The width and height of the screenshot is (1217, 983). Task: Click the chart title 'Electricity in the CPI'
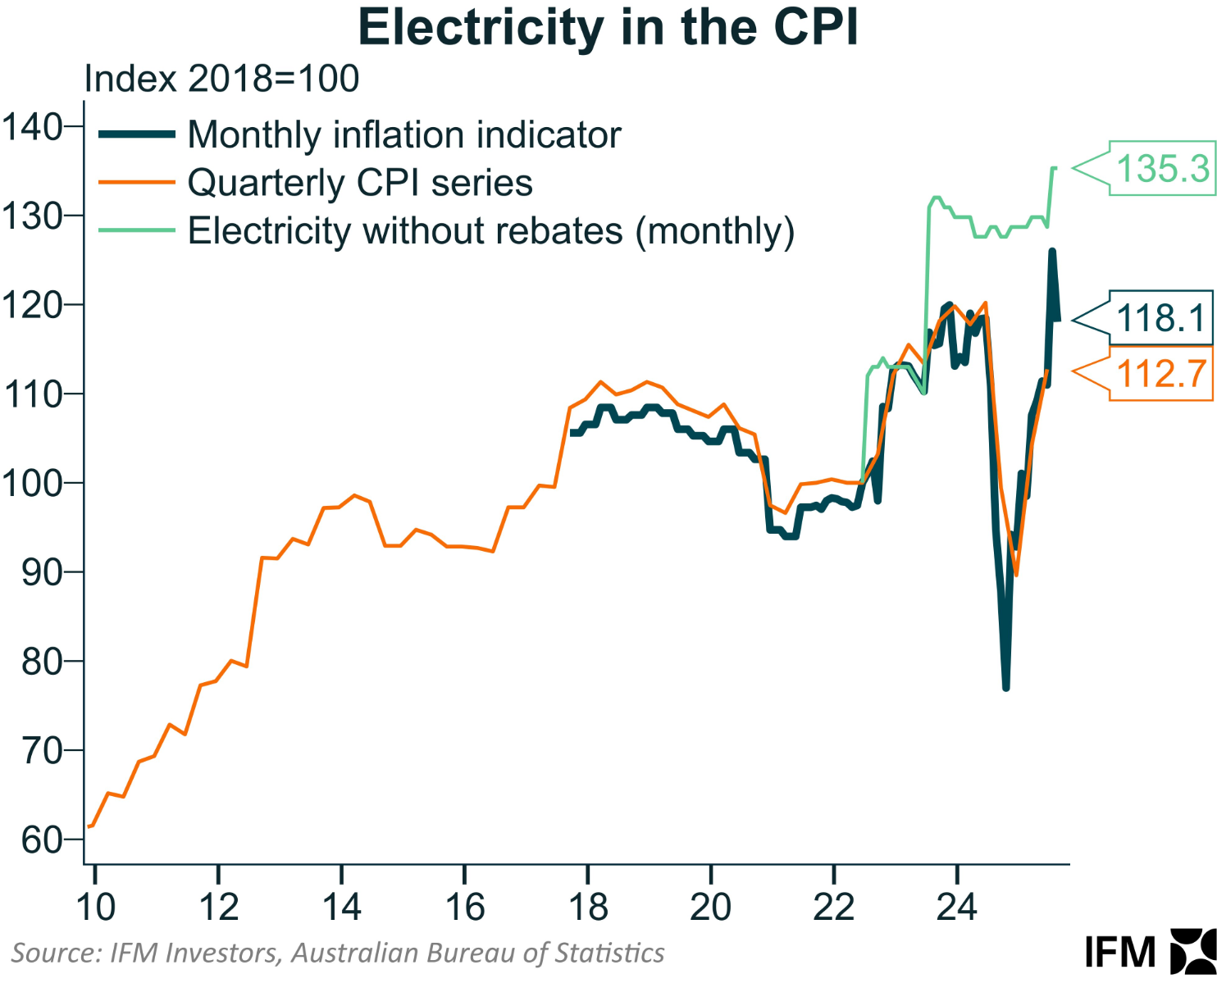pos(608,29)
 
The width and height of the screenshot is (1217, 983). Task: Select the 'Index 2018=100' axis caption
pos(221,79)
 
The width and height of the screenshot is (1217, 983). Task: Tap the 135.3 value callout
pos(1162,168)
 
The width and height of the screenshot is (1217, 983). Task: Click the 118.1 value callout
pos(1162,317)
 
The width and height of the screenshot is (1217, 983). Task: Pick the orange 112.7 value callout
pos(1162,374)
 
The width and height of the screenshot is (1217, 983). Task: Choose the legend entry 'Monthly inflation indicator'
pos(404,135)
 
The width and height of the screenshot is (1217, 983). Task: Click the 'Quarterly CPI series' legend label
pos(360,183)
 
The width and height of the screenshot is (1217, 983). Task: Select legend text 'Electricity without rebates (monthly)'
pos(491,231)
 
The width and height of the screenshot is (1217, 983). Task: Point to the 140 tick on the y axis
pos(33,127)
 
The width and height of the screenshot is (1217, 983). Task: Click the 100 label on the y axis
pos(33,483)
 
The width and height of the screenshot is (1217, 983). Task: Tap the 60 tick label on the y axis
pos(42,840)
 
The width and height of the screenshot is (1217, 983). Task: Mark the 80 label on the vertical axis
pos(42,662)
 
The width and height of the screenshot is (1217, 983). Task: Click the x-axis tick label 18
pos(588,908)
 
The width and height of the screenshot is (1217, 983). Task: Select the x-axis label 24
pos(957,908)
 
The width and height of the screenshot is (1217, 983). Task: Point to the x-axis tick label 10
pos(95,908)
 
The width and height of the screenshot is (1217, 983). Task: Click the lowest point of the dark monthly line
pos(1006,687)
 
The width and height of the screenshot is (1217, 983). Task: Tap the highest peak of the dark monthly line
pos(1052,253)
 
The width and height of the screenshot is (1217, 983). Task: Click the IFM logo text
pos(1120,953)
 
